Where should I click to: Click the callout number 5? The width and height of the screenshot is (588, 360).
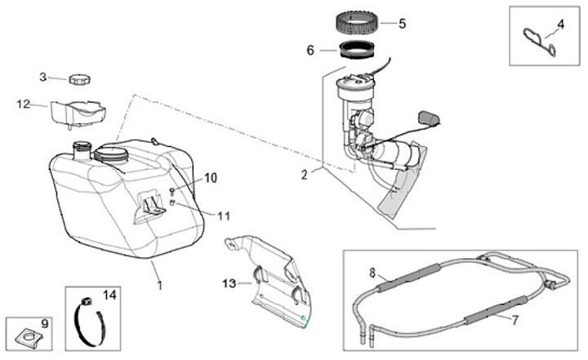pyautogui.click(x=402, y=23)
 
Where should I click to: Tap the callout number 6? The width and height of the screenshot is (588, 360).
pyautogui.click(x=310, y=50)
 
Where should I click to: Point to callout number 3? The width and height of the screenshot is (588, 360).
pyautogui.click(x=43, y=78)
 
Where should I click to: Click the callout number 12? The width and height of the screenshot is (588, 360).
pyautogui.click(x=24, y=104)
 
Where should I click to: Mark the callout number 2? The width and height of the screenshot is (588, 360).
pyautogui.click(x=304, y=174)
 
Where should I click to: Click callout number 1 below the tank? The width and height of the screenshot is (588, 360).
pyautogui.click(x=160, y=285)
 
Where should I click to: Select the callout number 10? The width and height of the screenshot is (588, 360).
pyautogui.click(x=212, y=177)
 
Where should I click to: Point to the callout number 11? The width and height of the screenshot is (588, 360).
pyautogui.click(x=225, y=216)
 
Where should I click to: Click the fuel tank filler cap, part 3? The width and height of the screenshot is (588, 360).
pyautogui.click(x=79, y=80)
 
